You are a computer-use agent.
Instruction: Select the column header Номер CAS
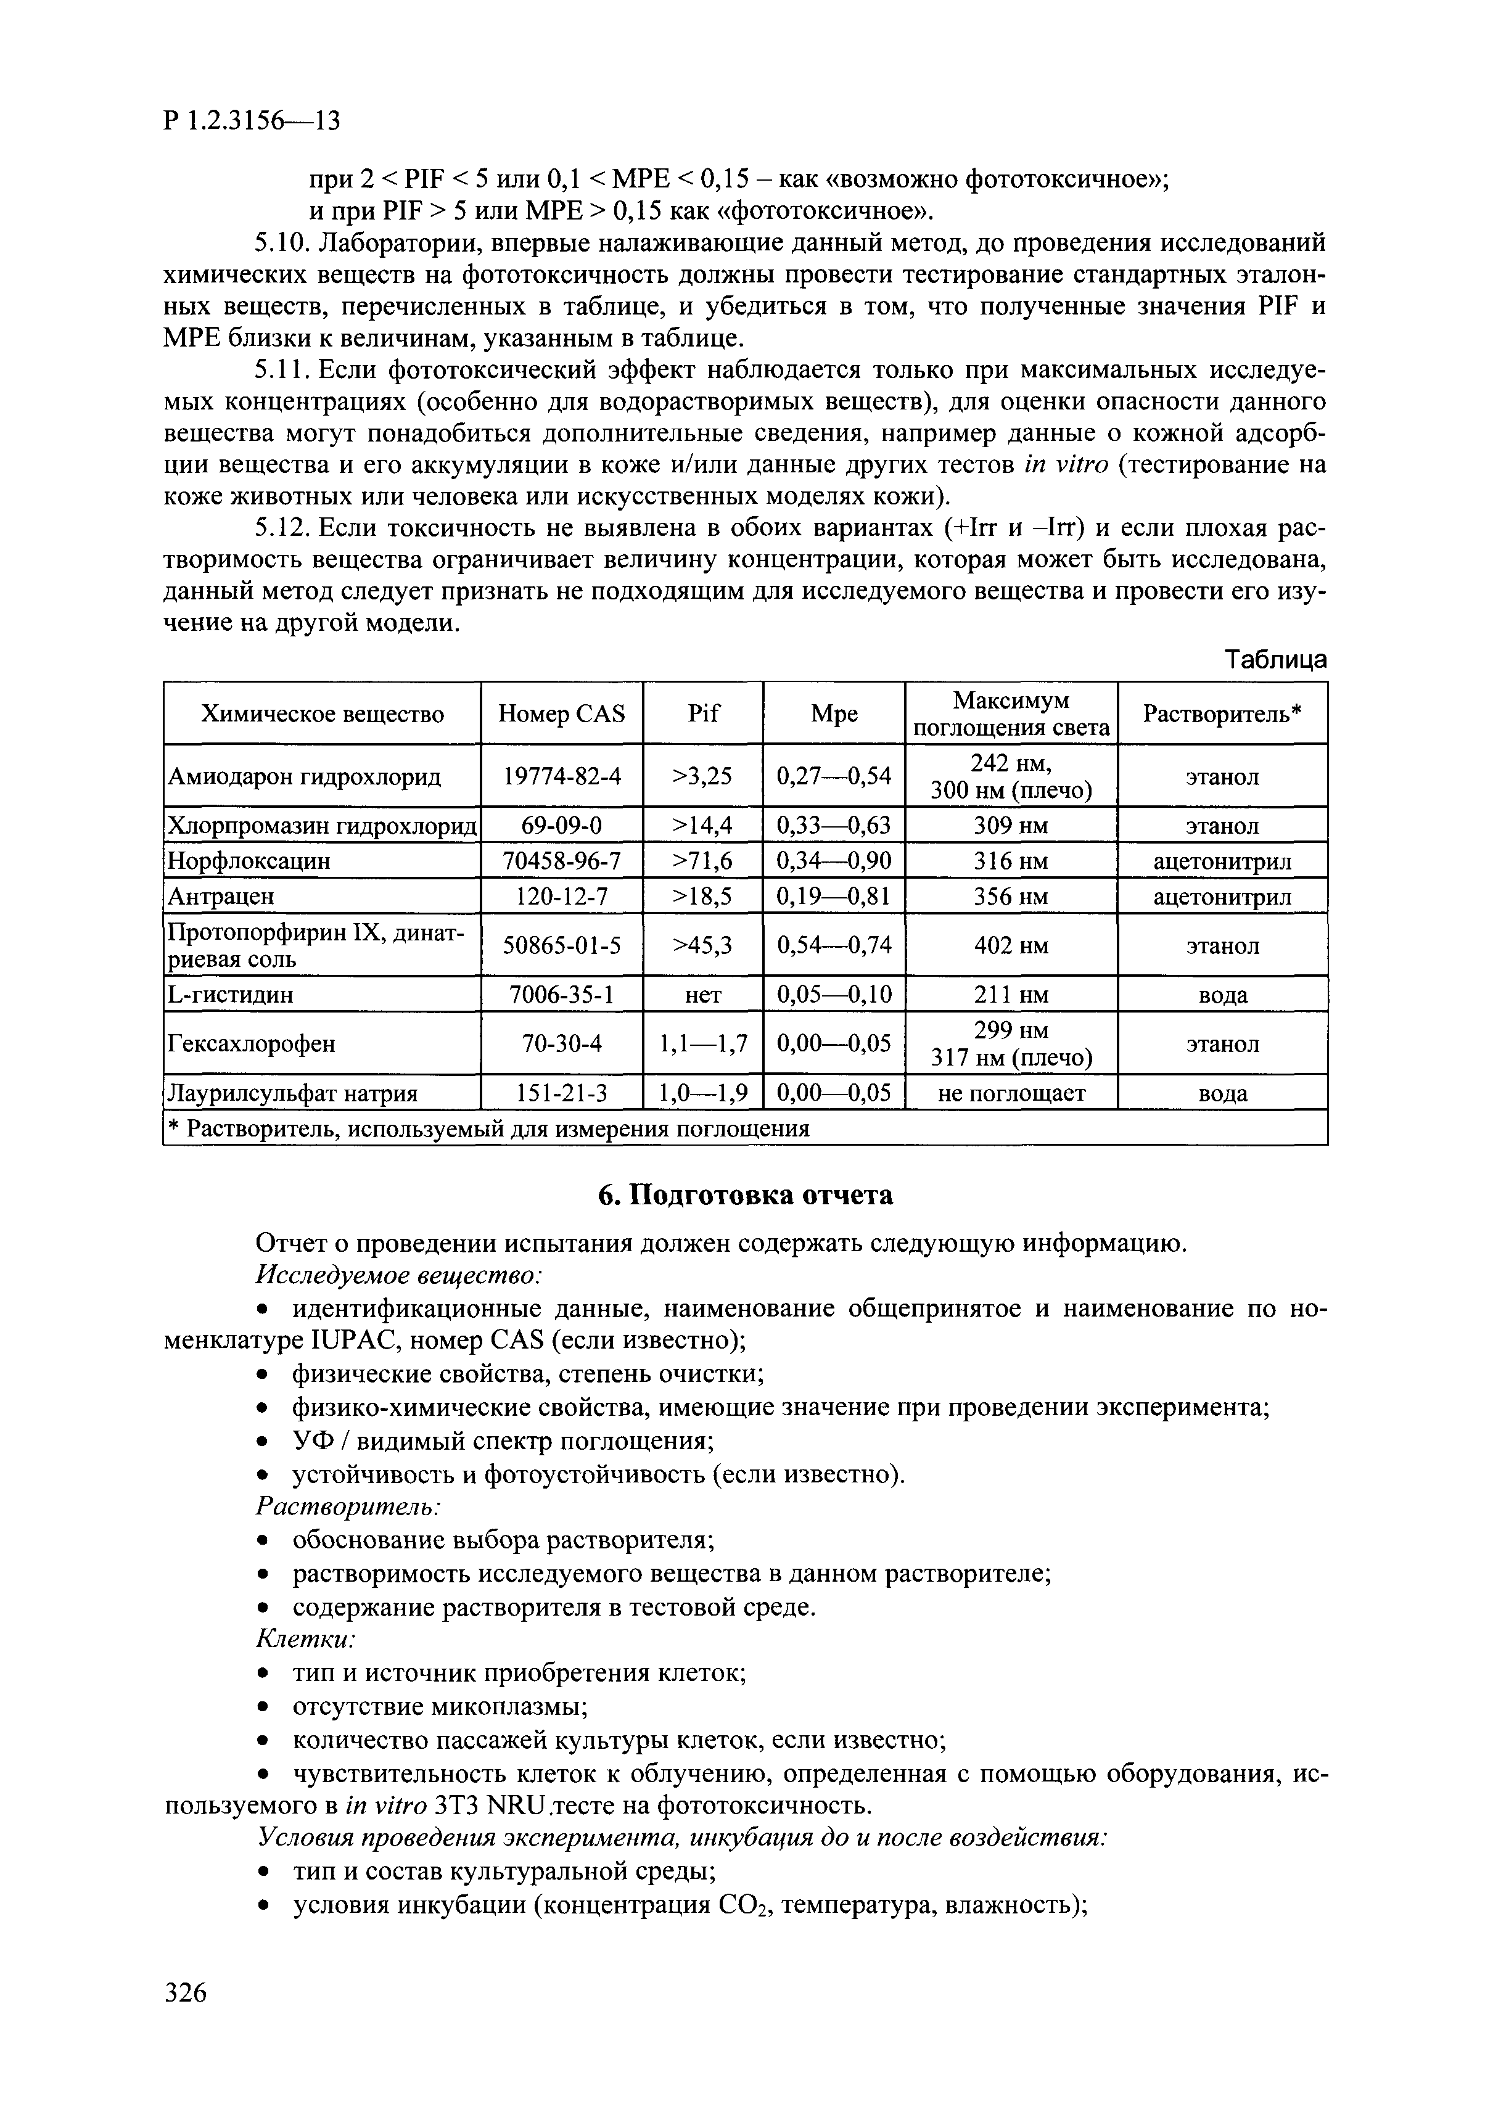(561, 714)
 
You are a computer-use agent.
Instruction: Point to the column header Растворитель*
(1222, 714)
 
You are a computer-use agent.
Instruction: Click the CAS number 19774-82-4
(561, 776)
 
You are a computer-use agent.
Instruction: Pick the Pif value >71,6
(703, 861)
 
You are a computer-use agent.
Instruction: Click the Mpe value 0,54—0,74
(833, 945)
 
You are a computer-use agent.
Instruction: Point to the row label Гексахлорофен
(251, 1044)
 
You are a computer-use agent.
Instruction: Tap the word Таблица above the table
(1275, 660)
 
